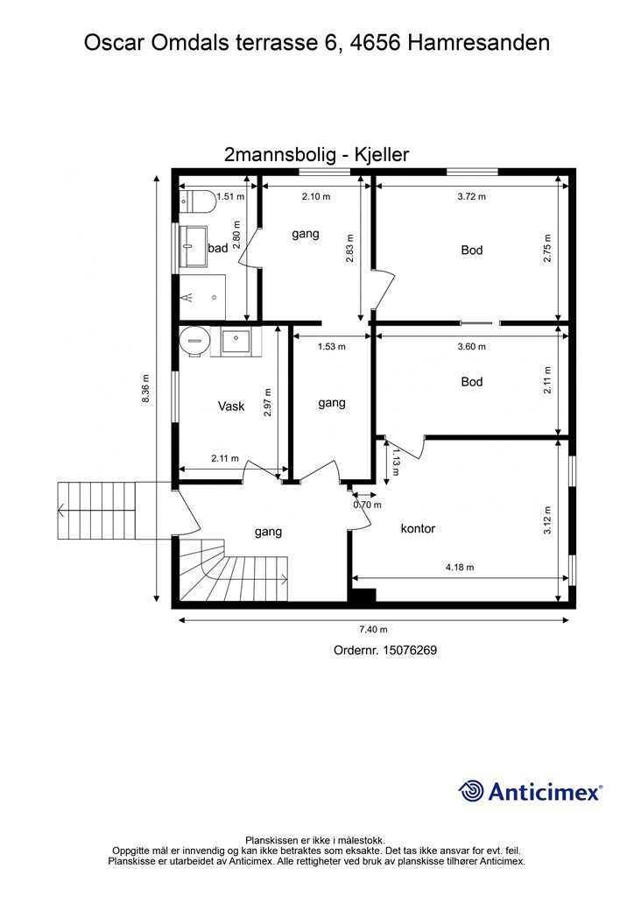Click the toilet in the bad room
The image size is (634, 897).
[x=197, y=201]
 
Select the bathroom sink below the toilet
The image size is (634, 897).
[x=194, y=246]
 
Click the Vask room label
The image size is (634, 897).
[x=231, y=406]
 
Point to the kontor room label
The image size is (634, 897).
[x=418, y=528]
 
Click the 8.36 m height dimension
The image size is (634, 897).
[x=145, y=388]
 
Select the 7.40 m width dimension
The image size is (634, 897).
[x=373, y=629]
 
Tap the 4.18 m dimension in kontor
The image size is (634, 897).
[x=460, y=568]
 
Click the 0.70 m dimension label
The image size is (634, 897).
[x=367, y=505]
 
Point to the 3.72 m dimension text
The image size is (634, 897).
[x=472, y=196]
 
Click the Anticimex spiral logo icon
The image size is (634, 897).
[x=471, y=791]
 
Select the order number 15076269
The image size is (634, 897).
[x=410, y=650]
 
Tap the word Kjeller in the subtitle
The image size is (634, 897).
[x=382, y=154]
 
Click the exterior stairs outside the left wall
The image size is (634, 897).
[x=96, y=511]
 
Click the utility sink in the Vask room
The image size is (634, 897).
[x=236, y=342]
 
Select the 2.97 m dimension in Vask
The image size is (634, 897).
[x=268, y=402]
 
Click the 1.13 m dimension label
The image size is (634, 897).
[x=395, y=462]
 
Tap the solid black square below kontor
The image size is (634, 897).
[x=363, y=596]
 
